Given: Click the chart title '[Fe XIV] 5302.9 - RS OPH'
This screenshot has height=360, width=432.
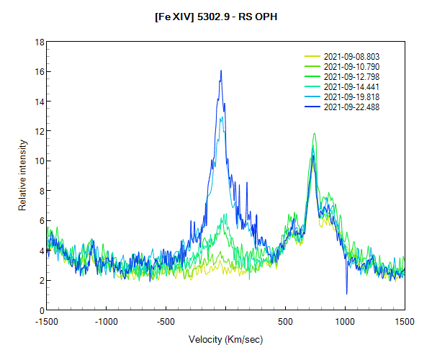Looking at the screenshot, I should pyautogui.click(x=216, y=17).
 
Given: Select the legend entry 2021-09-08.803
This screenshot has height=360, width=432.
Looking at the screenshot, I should pyautogui.click(x=351, y=56).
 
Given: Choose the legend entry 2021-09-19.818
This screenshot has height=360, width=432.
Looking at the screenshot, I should pyautogui.click(x=351, y=96).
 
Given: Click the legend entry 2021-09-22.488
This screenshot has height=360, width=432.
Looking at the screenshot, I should pyautogui.click(x=351, y=107).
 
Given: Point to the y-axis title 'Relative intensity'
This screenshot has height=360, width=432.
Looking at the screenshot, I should pyautogui.click(x=22, y=176).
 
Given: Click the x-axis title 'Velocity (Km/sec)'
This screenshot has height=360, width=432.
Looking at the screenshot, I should pyautogui.click(x=225, y=339).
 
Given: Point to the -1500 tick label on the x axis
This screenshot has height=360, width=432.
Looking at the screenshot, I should pyautogui.click(x=47, y=320).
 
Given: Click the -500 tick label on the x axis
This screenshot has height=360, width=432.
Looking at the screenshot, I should pyautogui.click(x=166, y=320).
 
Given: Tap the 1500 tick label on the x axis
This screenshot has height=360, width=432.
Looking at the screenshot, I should pyautogui.click(x=405, y=320).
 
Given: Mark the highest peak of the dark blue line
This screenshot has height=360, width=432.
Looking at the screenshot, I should pyautogui.click(x=221, y=70).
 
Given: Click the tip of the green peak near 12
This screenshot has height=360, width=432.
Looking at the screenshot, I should pyautogui.click(x=314, y=133).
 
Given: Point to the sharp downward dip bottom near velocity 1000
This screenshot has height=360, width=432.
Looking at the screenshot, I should pyautogui.click(x=347, y=294).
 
